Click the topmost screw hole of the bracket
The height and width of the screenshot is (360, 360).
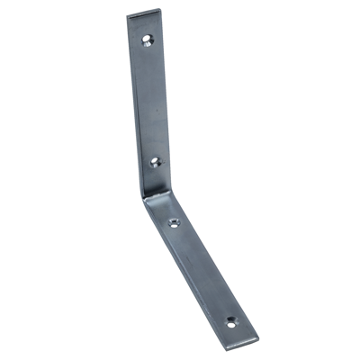[148, 40]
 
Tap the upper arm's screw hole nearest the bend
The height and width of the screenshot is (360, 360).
[154, 163]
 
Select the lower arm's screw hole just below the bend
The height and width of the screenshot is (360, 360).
[174, 221]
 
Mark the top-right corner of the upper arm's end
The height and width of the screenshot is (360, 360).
[162, 11]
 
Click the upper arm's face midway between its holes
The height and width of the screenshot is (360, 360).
[150, 101]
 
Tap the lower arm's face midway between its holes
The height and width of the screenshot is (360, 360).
[202, 270]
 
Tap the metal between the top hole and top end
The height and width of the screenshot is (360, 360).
[146, 25]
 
